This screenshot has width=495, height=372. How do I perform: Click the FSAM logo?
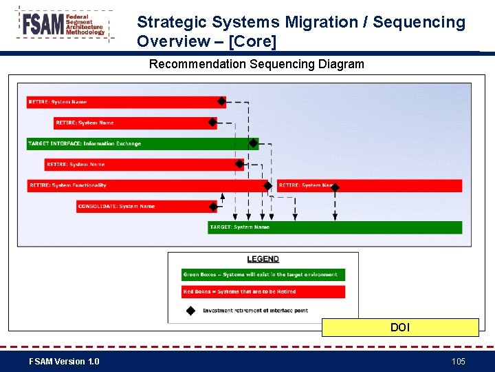[x=63, y=25]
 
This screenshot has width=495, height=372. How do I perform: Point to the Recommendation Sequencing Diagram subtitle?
[x=256, y=64]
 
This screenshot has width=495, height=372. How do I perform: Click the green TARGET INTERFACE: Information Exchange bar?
[x=137, y=144]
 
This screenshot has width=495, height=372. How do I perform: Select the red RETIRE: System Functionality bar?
[x=144, y=185]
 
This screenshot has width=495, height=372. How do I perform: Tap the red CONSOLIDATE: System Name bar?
[x=144, y=207]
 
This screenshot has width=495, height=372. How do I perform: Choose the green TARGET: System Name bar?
[x=335, y=227]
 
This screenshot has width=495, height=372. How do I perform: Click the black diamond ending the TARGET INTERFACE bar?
[x=253, y=144]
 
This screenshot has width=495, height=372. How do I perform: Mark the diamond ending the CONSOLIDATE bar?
[x=212, y=206]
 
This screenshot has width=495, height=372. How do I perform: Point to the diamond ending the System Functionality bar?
[x=268, y=185]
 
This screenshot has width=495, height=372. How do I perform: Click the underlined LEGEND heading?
[x=263, y=259]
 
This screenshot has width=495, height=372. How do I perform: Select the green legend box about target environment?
[x=263, y=274]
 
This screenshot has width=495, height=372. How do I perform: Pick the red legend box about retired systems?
[x=263, y=292]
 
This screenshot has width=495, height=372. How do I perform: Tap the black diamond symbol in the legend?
[x=190, y=310]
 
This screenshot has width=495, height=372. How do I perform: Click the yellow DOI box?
[x=400, y=327]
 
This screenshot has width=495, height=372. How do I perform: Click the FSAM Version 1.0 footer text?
[x=64, y=362]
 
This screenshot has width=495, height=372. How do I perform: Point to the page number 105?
[x=458, y=362]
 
